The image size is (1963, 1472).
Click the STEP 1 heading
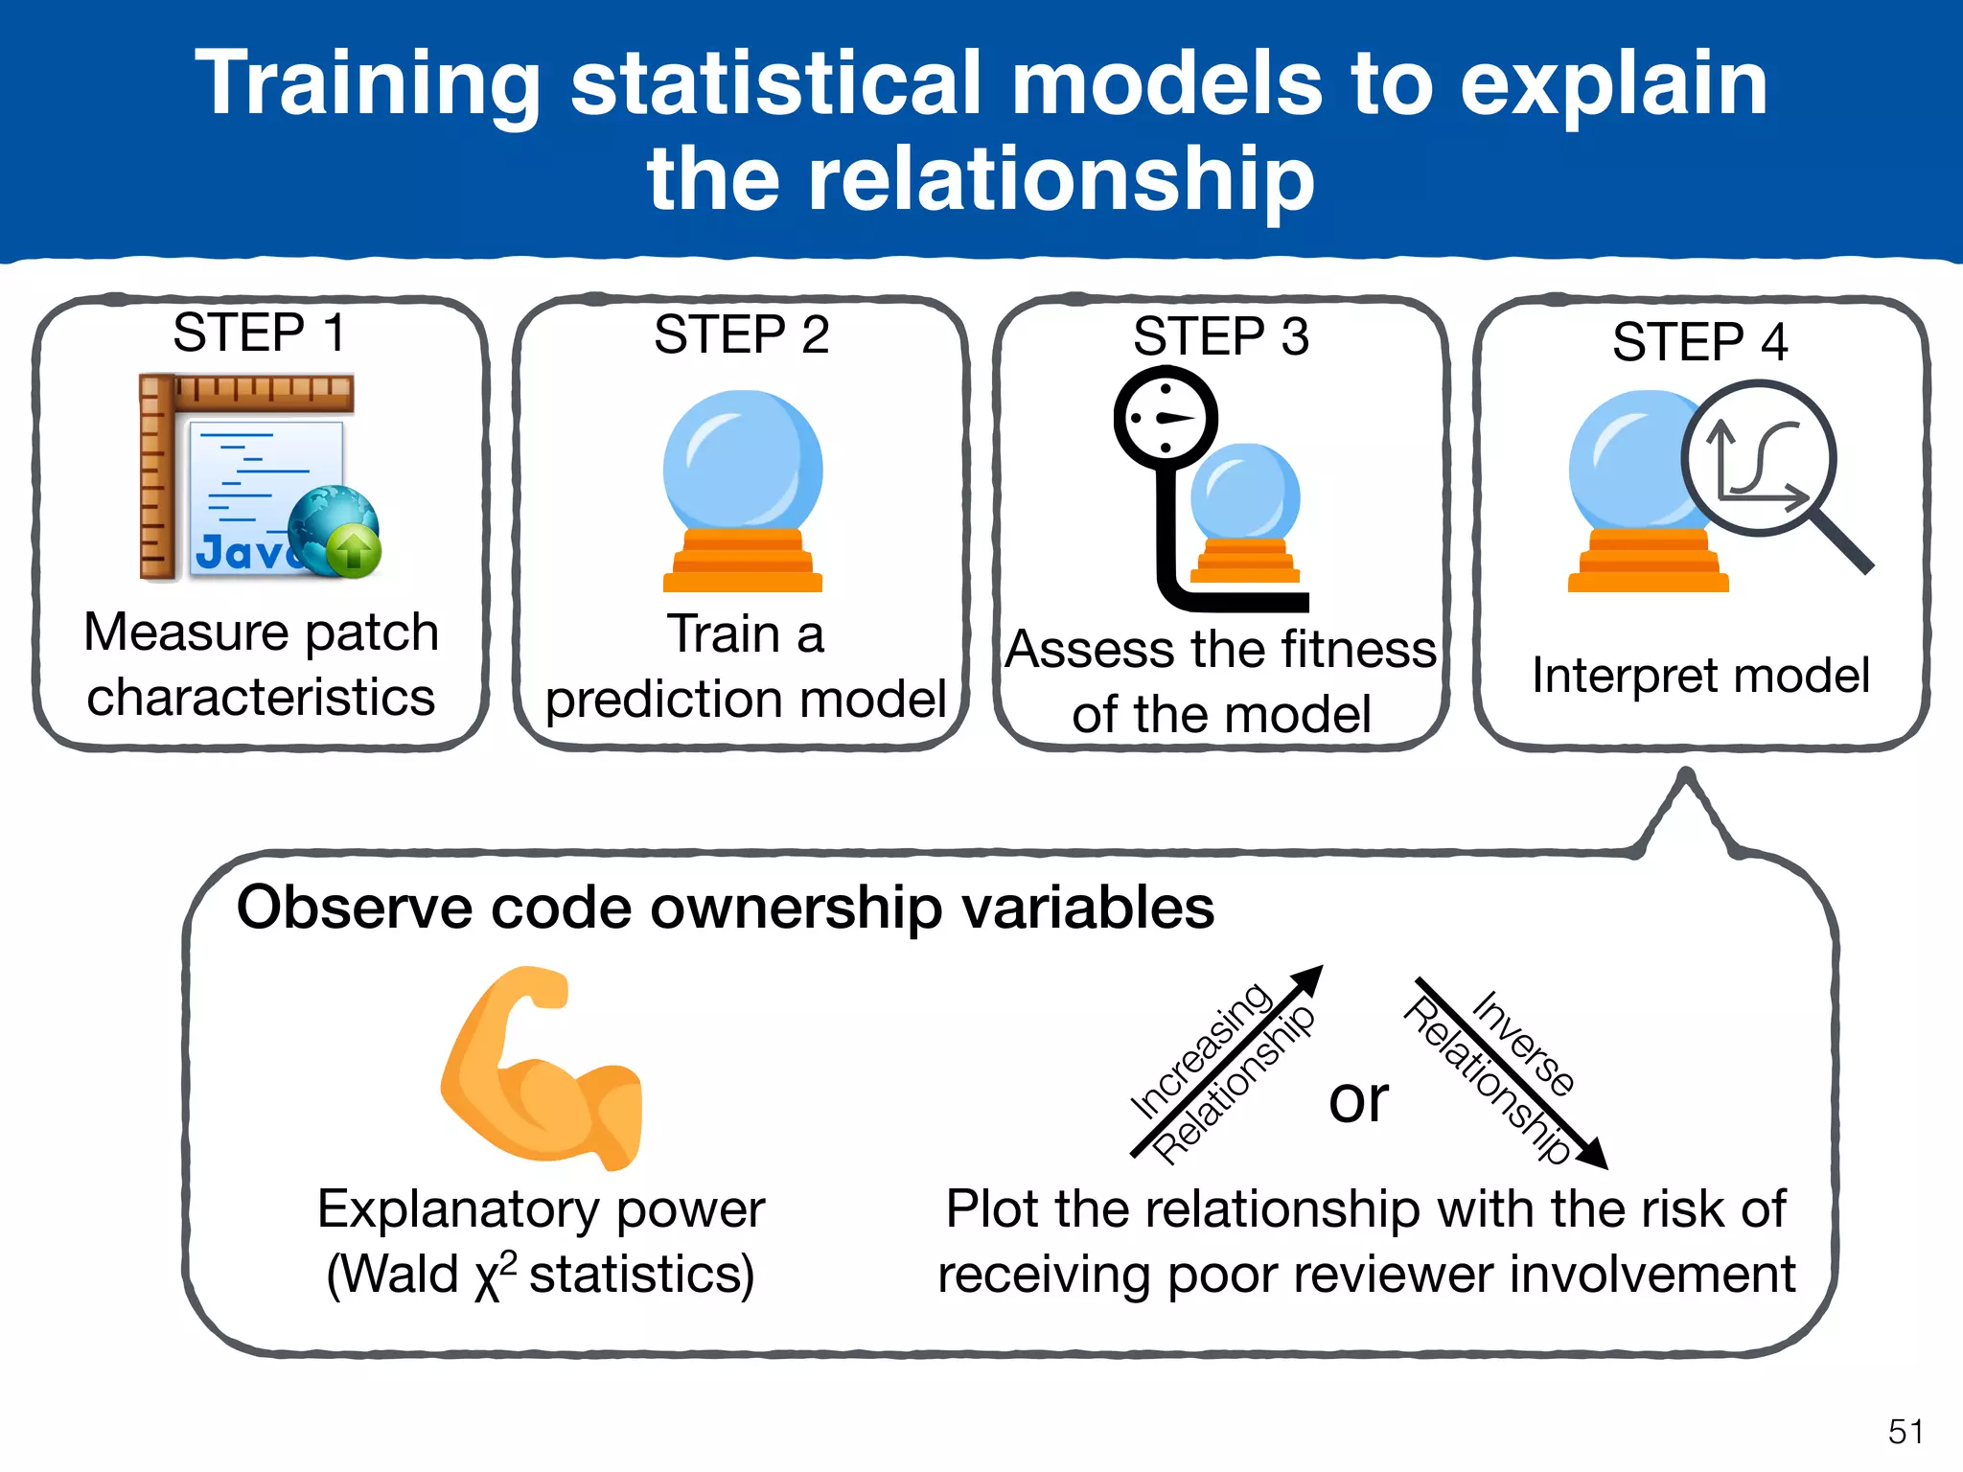tap(259, 333)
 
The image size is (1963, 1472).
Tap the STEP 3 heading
tap(1220, 336)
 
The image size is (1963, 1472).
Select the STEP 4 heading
tap(1699, 342)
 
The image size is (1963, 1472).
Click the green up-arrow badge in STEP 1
tap(354, 552)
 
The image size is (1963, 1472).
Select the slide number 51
tap(1905, 1432)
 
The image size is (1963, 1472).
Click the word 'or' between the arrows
tap(1358, 1099)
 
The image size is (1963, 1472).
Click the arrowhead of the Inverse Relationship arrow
tap(1593, 1154)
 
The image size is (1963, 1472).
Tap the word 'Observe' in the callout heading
tap(355, 908)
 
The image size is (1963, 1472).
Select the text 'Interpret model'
tap(1700, 676)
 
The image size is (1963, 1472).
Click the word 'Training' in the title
tap(369, 84)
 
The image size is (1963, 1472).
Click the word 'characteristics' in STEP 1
tap(261, 697)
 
